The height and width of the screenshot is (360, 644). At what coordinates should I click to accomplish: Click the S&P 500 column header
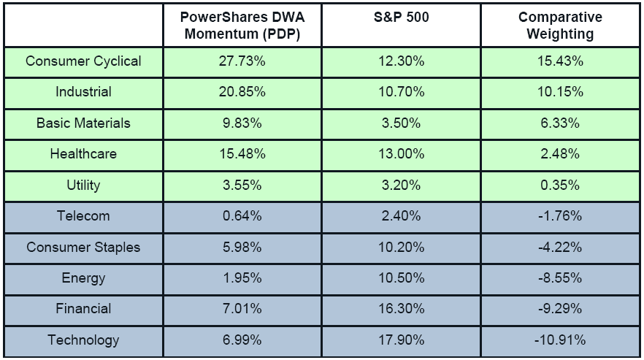point(400,18)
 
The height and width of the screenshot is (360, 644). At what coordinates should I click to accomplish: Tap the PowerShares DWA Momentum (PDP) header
point(242,26)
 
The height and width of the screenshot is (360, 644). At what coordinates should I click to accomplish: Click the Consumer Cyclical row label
point(83,61)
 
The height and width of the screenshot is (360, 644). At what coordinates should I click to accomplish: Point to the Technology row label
point(83,340)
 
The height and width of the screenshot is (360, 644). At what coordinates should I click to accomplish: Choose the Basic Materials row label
point(83,123)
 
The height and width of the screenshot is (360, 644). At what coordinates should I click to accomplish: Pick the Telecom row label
point(83,215)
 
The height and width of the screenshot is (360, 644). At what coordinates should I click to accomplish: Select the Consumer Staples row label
point(83,247)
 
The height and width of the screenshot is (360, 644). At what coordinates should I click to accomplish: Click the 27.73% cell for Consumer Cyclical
point(242,61)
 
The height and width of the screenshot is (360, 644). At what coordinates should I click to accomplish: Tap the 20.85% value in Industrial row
point(242,92)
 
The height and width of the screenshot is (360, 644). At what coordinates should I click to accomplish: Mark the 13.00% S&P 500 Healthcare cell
point(400,154)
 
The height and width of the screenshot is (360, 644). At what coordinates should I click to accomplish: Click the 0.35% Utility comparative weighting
point(561,185)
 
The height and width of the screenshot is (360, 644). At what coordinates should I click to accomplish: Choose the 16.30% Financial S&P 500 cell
point(400,309)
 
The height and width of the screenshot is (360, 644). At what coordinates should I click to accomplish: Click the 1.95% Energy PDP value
point(242,277)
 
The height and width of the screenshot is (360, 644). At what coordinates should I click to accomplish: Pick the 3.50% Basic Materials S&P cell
point(400,123)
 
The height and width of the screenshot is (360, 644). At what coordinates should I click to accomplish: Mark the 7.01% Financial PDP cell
point(242,309)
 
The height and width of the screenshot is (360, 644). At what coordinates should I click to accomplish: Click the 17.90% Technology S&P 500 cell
point(400,340)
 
